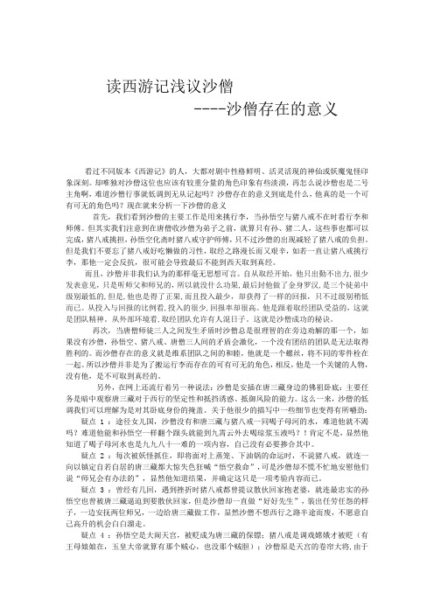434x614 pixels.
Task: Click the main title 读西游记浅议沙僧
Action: click(x=169, y=87)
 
